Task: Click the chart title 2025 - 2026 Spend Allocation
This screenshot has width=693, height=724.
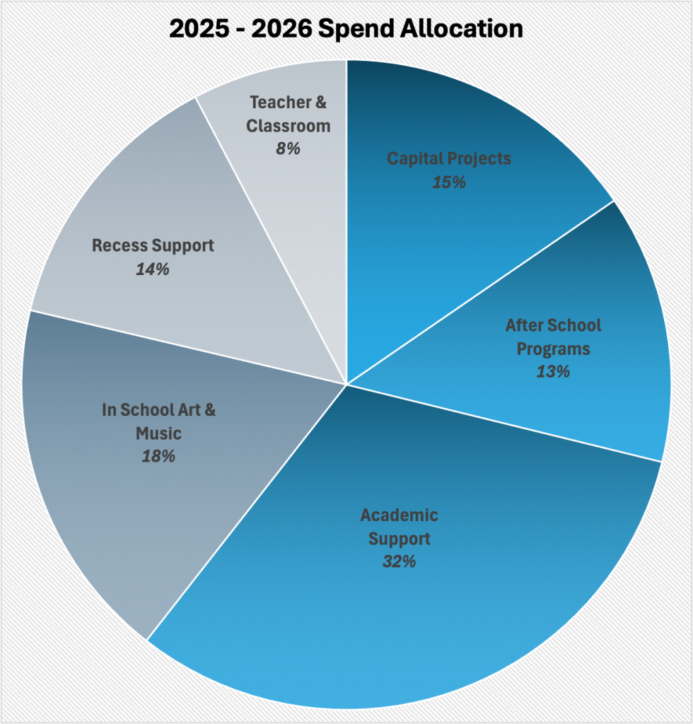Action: pyautogui.click(x=346, y=28)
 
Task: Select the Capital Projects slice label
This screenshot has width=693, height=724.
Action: pyautogui.click(x=448, y=158)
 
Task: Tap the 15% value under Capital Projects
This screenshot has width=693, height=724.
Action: pyautogui.click(x=448, y=182)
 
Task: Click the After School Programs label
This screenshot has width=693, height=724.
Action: pyautogui.click(x=553, y=337)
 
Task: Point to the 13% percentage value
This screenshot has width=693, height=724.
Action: pyautogui.click(x=553, y=371)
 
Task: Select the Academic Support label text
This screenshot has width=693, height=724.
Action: pyautogui.click(x=400, y=527)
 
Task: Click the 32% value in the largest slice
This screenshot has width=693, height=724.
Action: pyautogui.click(x=400, y=562)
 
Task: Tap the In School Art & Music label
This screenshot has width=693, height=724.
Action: pyautogui.click(x=158, y=421)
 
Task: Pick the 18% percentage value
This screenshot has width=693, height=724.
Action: pyautogui.click(x=158, y=456)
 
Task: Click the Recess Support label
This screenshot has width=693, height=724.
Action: pyautogui.click(x=153, y=246)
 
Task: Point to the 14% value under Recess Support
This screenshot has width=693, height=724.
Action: pyautogui.click(x=153, y=269)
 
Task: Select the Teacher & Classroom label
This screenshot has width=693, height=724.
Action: pyautogui.click(x=288, y=114)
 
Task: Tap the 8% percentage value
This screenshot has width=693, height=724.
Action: pyautogui.click(x=288, y=149)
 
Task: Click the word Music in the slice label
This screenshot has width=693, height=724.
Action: pyautogui.click(x=158, y=433)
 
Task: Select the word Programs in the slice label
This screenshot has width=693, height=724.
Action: pyautogui.click(x=553, y=349)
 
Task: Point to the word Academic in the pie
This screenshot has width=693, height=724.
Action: pyautogui.click(x=400, y=515)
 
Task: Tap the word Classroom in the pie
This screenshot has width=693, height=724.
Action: pyautogui.click(x=288, y=126)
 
